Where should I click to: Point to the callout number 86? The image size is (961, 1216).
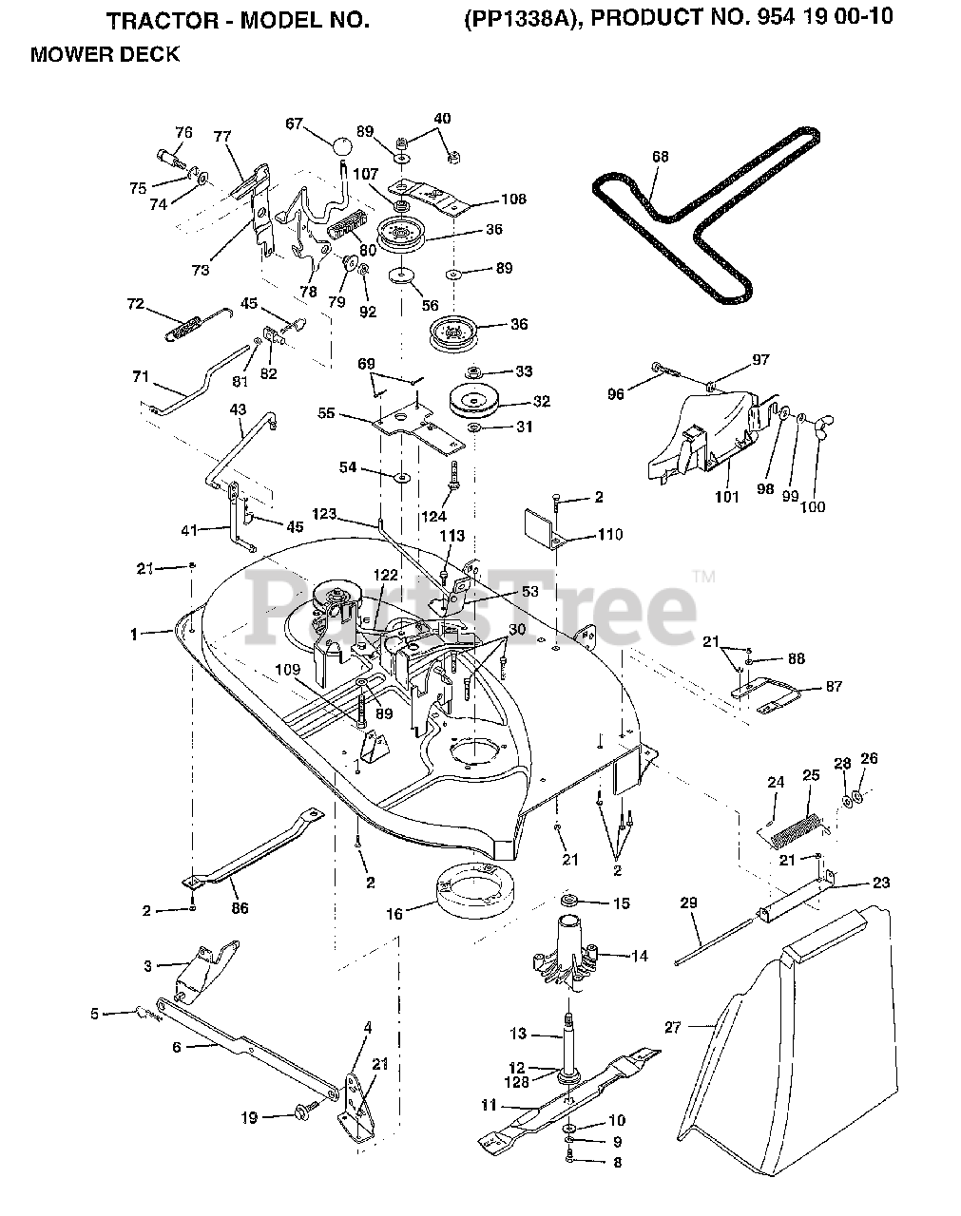pos(240,908)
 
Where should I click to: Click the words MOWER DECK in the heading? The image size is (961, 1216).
pos(105,55)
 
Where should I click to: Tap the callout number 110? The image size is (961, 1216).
pos(609,535)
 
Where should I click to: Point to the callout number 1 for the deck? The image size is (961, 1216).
pos(134,633)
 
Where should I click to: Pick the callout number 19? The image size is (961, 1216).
pos(249,1118)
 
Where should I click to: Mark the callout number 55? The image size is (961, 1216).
pos(326,414)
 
